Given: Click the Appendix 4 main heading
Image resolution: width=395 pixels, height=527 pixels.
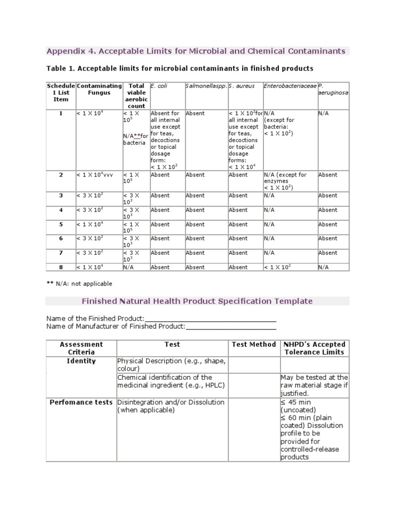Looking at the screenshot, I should [195, 51].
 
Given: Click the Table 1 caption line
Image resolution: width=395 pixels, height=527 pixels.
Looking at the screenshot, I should [179, 68].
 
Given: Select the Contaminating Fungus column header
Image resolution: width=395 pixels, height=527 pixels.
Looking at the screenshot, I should [99, 89].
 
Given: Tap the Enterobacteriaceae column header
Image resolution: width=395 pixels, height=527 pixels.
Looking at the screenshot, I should [290, 85].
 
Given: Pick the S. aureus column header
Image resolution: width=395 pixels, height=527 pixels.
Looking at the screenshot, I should [241, 85].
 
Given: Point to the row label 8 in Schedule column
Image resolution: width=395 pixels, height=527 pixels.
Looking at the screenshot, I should [61, 267].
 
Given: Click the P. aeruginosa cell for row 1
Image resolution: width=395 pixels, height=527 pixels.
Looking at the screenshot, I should [324, 113].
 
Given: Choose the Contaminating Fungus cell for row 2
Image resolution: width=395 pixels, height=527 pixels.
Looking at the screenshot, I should [98, 175].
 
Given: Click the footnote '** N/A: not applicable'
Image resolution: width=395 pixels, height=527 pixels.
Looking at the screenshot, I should [79, 284].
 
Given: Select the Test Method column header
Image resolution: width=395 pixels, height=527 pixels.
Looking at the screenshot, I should [254, 344].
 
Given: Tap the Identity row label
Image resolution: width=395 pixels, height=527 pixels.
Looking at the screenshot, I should [81, 361].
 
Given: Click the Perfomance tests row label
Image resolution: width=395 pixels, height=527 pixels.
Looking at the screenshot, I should [81, 402].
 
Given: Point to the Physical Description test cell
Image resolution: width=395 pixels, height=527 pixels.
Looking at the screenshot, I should [171, 364].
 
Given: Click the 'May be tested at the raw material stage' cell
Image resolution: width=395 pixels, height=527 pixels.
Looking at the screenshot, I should [314, 385].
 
